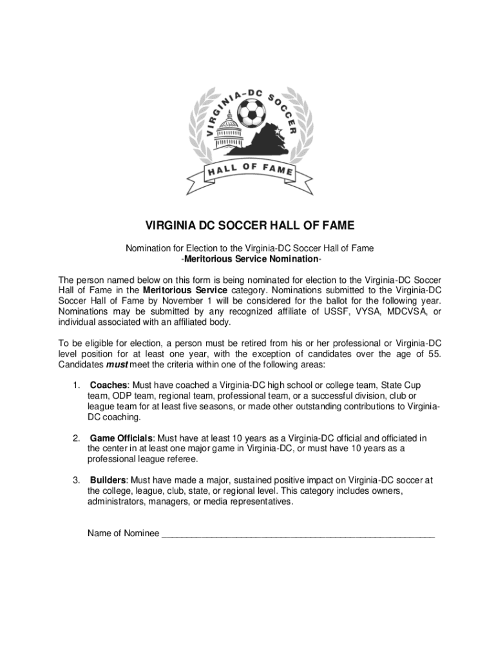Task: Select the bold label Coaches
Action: tap(109, 385)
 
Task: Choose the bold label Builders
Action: tap(108, 480)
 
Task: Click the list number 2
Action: tap(75, 438)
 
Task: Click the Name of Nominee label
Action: tap(123, 533)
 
